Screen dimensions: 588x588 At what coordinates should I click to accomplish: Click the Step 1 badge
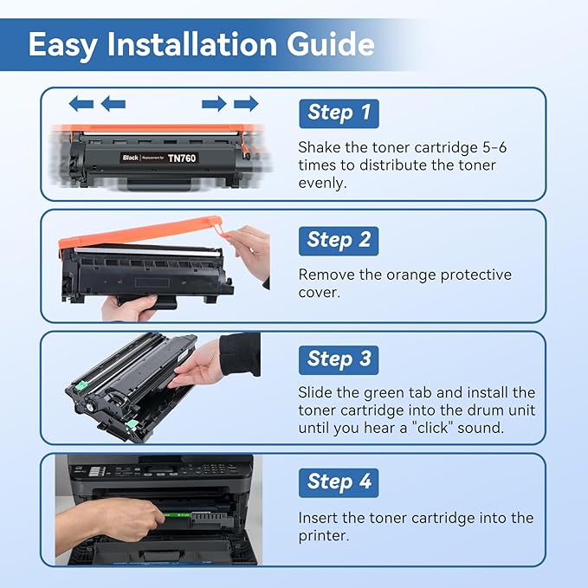coord(339,113)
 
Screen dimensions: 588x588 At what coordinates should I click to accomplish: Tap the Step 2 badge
coord(339,240)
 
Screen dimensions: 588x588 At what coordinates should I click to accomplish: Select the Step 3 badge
coord(339,359)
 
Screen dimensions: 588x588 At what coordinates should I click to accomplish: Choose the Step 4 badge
coord(339,482)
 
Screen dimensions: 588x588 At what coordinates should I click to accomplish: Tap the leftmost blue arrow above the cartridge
coord(81,104)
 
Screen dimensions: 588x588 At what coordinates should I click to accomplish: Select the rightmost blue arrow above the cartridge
coord(246,104)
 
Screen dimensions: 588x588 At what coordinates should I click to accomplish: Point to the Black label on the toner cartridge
coord(131,158)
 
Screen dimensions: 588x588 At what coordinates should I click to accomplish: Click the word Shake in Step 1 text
coord(320,147)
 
